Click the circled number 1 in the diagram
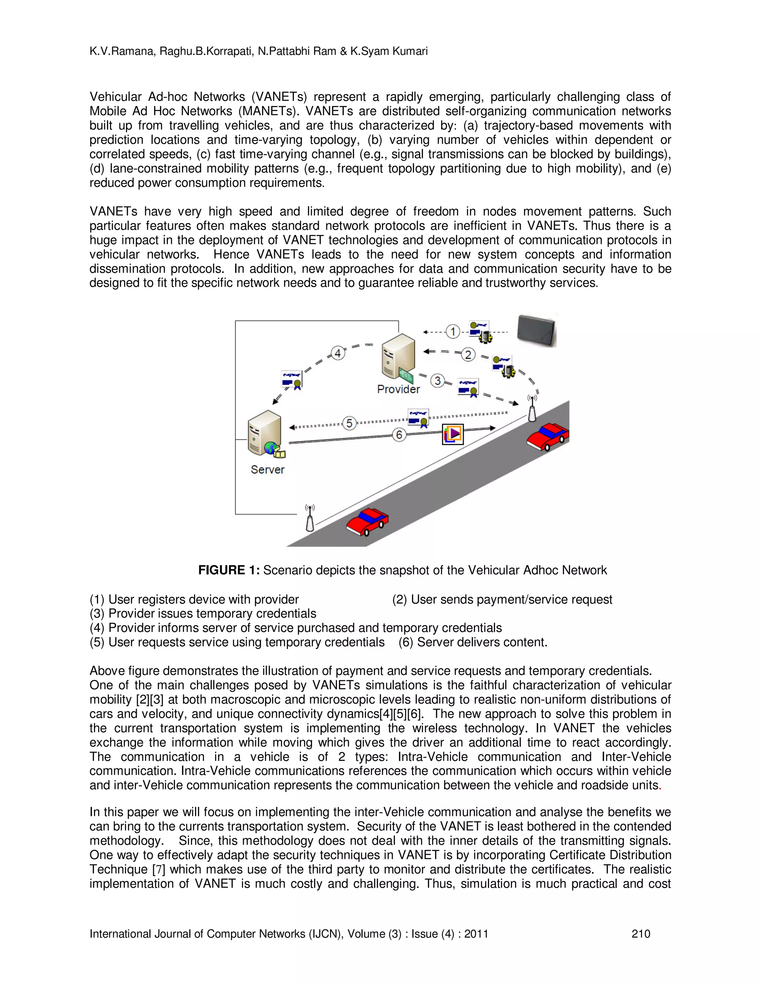click(x=453, y=332)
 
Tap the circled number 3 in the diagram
click(x=437, y=381)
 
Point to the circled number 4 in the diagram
click(x=338, y=353)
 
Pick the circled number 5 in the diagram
click(x=349, y=423)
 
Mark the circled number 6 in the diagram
click(x=399, y=435)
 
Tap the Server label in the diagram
click(x=267, y=469)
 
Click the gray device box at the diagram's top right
click(x=537, y=330)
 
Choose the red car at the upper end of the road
click(x=548, y=436)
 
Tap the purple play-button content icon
click(x=453, y=434)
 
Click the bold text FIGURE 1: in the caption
click(x=229, y=570)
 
